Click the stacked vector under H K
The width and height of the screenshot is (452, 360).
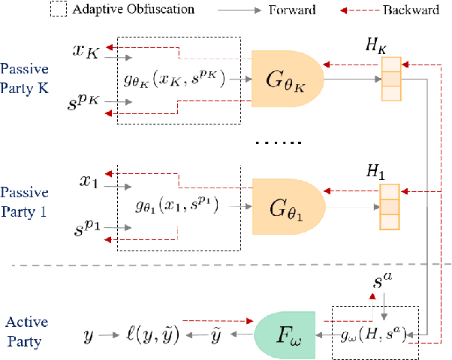point(390,78)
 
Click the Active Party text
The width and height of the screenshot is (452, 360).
point(27,329)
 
